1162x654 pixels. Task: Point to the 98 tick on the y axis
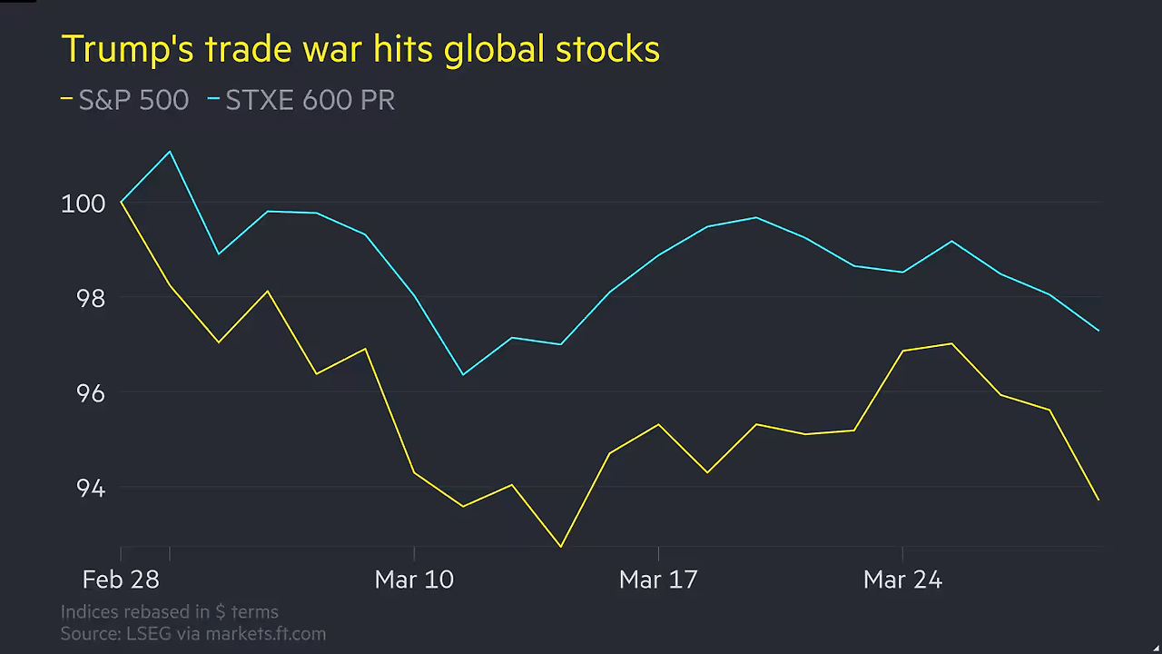click(x=89, y=298)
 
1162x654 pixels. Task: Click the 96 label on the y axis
click(x=89, y=393)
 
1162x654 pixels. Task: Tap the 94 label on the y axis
click(x=89, y=488)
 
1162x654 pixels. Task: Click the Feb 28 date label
click(x=120, y=580)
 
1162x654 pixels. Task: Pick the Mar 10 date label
click(x=414, y=580)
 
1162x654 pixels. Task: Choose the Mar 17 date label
click(x=658, y=580)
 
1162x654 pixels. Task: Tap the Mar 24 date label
click(x=902, y=580)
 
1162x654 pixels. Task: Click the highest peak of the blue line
click(x=170, y=152)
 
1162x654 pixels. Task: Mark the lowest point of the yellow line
click(x=561, y=547)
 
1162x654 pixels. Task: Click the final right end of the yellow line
click(x=1098, y=500)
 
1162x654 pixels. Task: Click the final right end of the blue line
click(x=1098, y=331)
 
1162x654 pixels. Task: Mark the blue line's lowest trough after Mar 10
click(x=463, y=374)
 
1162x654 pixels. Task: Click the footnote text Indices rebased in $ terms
click(x=170, y=611)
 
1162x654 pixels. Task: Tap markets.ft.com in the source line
click(x=265, y=634)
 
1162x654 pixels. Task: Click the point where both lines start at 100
click(x=122, y=202)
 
